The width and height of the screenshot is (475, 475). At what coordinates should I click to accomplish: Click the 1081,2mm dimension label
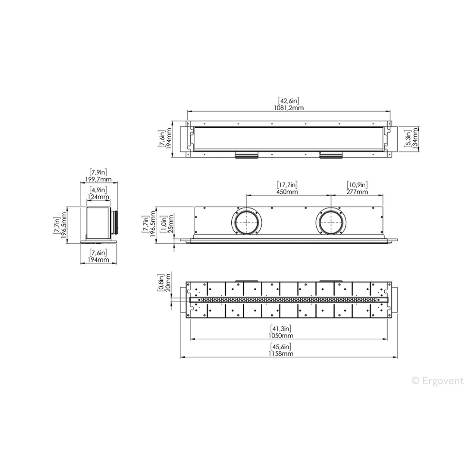coord(288,107)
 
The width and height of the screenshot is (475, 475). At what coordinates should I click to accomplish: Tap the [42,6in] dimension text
coord(288,101)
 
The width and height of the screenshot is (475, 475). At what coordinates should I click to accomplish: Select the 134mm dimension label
coord(415,138)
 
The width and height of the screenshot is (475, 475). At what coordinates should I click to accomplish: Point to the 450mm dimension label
coord(287,192)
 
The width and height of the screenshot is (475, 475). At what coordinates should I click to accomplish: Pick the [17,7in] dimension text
coord(287,185)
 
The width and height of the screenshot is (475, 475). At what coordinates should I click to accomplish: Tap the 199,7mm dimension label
coord(98,180)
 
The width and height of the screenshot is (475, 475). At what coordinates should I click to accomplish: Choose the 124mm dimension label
coord(98,197)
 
